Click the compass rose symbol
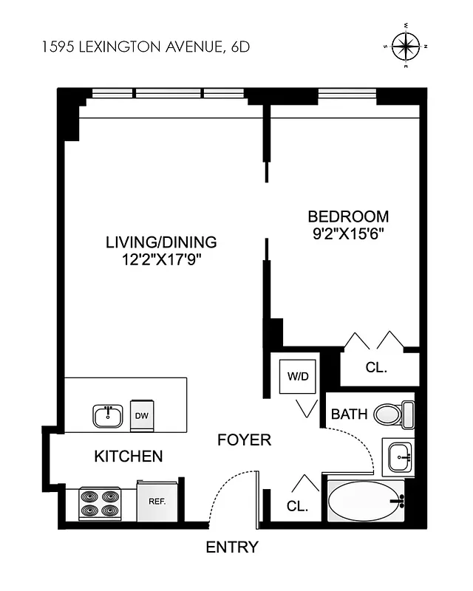[x=406, y=47]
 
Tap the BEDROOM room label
[x=348, y=216]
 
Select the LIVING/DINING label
[x=161, y=242]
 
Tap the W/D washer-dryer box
[x=299, y=376]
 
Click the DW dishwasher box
[x=141, y=415]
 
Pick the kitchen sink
[x=108, y=415]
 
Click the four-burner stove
[x=100, y=503]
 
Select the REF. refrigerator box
[x=156, y=502]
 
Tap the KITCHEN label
[x=129, y=457]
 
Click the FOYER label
[x=244, y=440]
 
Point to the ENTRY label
[x=232, y=547]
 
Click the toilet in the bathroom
[x=392, y=413]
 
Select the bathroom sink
[x=398, y=456]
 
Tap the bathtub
[x=365, y=502]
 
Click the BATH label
[x=349, y=414]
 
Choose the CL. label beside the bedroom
[x=376, y=367]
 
